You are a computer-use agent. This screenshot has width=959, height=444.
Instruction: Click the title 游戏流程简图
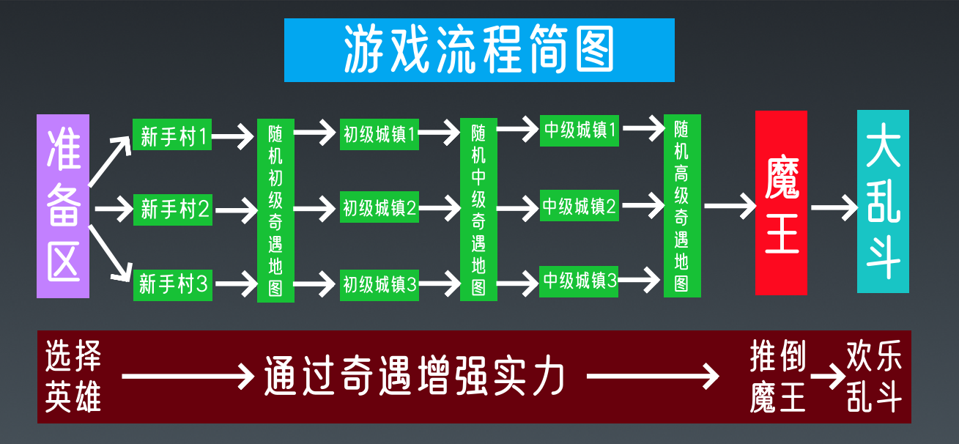point(479,50)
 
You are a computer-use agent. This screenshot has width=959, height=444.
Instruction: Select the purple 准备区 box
point(63,206)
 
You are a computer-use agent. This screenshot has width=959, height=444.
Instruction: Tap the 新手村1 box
point(173,135)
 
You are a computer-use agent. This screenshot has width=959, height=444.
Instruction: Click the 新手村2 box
point(173,210)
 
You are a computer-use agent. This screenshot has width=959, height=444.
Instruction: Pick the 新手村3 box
point(173,284)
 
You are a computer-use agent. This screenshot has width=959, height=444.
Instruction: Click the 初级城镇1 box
point(379,134)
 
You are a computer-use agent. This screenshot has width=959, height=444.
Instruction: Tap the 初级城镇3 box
point(379,284)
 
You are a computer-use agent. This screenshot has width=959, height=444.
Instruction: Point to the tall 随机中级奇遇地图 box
point(478,210)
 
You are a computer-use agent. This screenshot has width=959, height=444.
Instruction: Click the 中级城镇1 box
point(580,131)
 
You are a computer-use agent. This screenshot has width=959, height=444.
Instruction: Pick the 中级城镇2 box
point(580,207)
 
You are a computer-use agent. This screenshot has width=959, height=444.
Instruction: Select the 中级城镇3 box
point(580,281)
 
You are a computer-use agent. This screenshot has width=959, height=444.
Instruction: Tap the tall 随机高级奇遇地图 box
point(682,206)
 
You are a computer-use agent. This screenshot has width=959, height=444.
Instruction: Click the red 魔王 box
point(781,203)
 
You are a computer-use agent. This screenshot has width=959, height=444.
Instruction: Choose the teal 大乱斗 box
point(883,201)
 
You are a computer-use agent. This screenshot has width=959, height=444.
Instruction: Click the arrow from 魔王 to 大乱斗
point(833,207)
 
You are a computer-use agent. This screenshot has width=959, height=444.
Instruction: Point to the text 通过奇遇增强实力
point(415,377)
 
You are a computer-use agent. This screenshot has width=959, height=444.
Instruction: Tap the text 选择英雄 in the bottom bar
point(73,377)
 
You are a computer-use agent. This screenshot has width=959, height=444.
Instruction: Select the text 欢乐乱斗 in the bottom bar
point(875,377)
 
